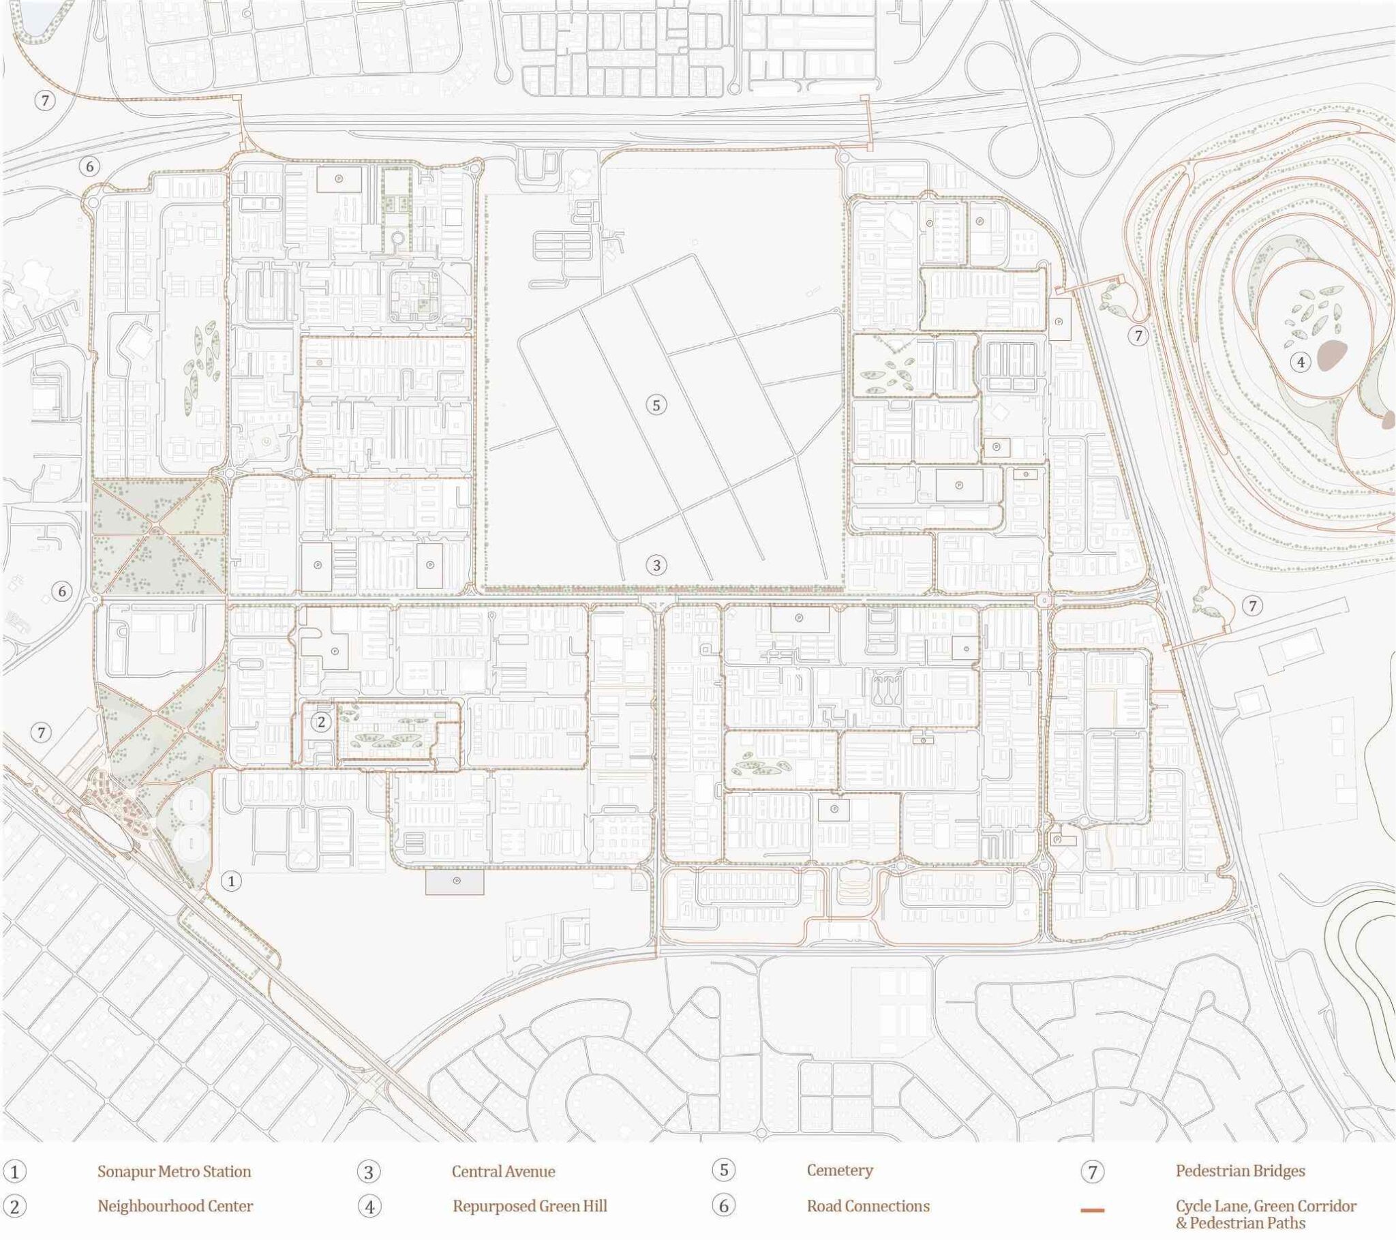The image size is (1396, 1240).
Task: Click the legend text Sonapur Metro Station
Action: point(174,1171)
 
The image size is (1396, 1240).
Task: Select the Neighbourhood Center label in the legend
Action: point(175,1206)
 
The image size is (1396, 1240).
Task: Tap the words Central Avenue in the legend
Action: point(503,1171)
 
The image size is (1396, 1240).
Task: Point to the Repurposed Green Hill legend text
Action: point(530,1206)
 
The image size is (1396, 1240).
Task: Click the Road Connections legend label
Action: point(868,1206)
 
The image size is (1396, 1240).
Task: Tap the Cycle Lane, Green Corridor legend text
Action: point(1266,1206)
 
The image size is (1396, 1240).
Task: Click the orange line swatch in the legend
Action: point(1092,1211)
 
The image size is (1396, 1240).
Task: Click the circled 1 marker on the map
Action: point(232,881)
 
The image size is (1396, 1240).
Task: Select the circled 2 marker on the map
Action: point(321,721)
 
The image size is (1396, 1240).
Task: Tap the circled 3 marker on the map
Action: point(656,565)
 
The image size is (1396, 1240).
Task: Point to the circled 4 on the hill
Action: point(1301,362)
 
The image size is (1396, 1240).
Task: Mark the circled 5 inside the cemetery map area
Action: point(656,405)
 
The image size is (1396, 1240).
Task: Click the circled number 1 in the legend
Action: point(14,1172)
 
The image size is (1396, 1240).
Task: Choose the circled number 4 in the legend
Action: point(369,1207)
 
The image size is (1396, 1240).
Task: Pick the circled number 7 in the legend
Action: point(1092,1172)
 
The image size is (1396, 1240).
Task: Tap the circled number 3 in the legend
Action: point(369,1172)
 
